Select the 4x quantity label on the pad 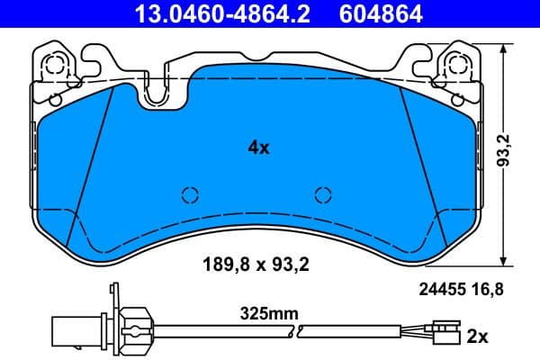[258, 148]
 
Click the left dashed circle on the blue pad [190, 194]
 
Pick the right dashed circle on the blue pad [324, 194]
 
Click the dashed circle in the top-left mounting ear [55, 65]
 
